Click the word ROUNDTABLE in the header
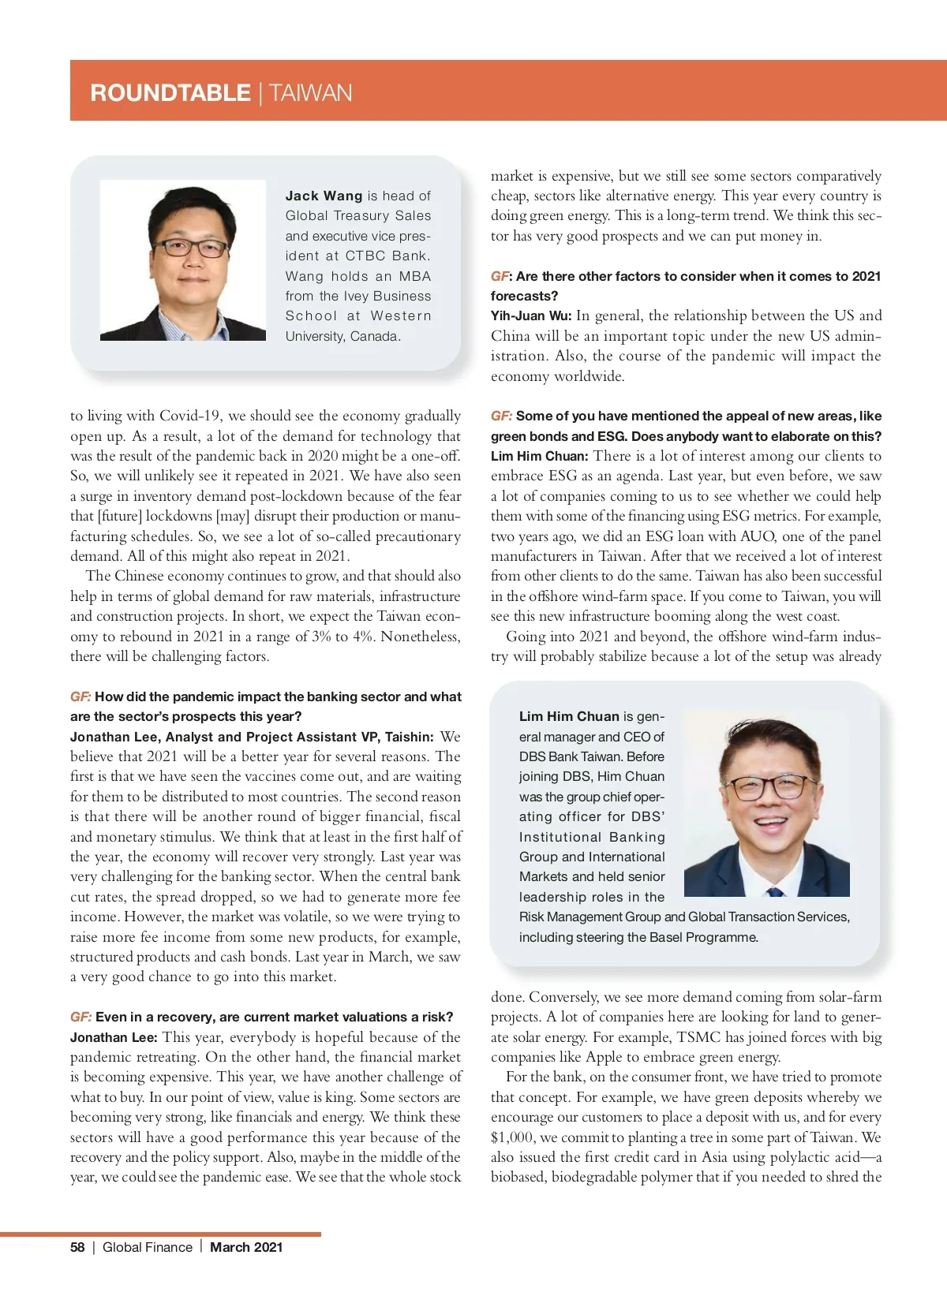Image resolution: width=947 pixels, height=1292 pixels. coord(170,93)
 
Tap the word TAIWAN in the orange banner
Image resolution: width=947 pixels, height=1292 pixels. coord(310,93)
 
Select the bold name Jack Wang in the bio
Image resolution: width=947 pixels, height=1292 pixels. coord(324,196)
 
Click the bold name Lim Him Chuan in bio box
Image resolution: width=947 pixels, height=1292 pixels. coord(568,716)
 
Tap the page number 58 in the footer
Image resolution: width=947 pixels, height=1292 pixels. coord(77,1247)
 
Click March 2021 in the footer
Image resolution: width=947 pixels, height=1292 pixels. coord(246,1247)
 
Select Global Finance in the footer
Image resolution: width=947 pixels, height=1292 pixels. coord(148,1247)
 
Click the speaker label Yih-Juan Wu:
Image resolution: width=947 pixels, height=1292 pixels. coord(530,316)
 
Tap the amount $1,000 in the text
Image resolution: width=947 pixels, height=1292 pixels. coord(511,1137)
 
